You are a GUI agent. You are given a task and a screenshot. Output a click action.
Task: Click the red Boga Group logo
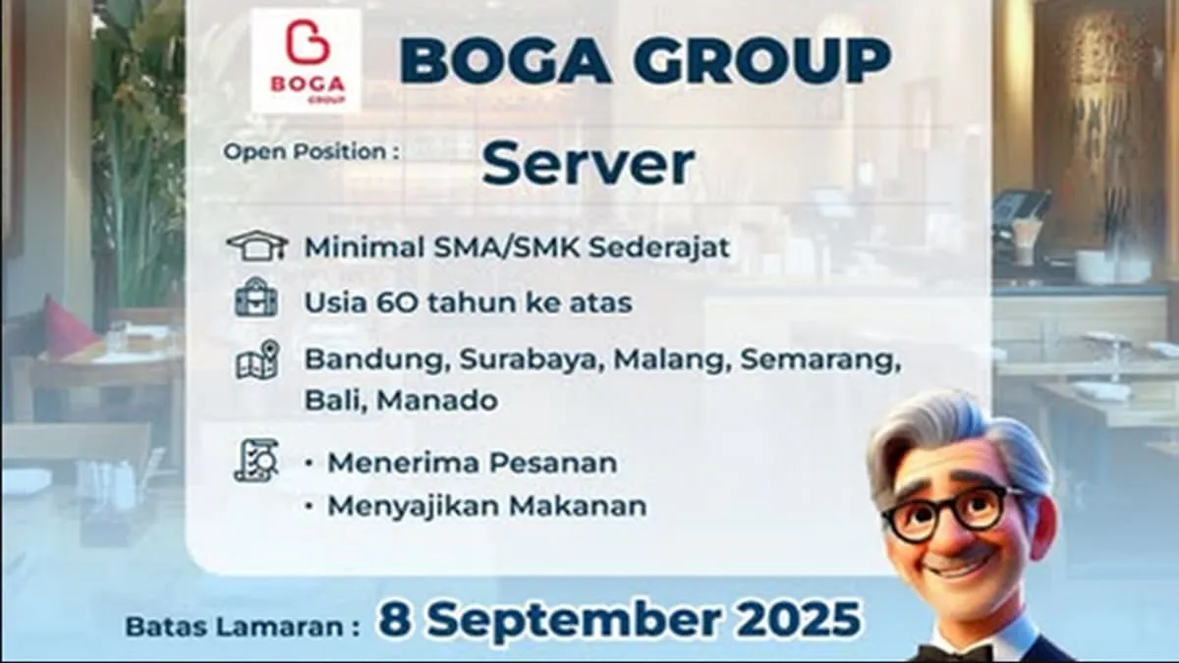point(306,61)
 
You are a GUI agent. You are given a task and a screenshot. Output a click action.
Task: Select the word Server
point(588,164)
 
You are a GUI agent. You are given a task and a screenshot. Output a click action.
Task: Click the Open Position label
point(311,152)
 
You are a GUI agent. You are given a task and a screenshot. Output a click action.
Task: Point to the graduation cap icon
point(256,246)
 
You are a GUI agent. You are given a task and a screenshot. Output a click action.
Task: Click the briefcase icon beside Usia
point(256,301)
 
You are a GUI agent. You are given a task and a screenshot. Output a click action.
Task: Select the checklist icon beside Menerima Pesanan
point(256,461)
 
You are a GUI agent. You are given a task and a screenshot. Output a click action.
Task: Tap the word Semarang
point(819,360)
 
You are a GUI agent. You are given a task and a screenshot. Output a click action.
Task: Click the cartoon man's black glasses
point(952,512)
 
